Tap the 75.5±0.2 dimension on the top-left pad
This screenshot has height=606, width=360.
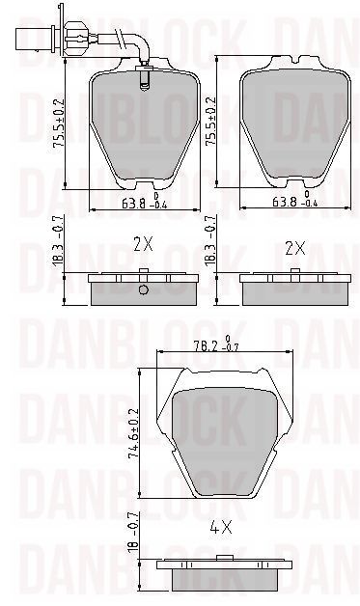[x=59, y=123]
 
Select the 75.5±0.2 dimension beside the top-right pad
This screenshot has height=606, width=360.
[x=210, y=121]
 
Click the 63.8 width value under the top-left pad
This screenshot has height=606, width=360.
[x=133, y=204]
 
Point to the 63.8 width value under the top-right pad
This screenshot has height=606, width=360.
[x=285, y=202]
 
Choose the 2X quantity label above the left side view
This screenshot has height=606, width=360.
[x=143, y=245]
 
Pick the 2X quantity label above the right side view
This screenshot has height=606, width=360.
[x=295, y=249]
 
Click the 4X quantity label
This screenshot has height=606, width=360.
[x=221, y=527]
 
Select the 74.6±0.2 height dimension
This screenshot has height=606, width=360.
[x=133, y=433]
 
